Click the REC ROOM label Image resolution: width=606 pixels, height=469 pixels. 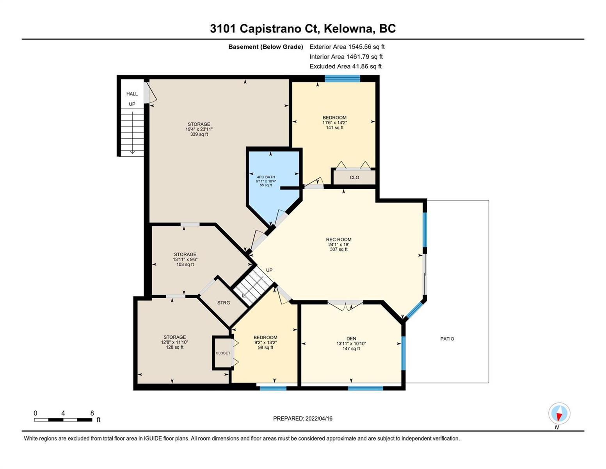point(339,240)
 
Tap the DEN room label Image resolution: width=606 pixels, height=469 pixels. point(351,338)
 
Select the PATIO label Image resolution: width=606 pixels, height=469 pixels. point(447,339)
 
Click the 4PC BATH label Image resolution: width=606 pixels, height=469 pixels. point(266,177)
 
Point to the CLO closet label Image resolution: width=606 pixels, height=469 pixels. point(354,177)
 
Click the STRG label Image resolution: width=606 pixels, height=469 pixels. point(223,303)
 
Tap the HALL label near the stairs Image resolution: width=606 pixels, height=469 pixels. point(132,94)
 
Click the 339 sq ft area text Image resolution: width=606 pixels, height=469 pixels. point(199,134)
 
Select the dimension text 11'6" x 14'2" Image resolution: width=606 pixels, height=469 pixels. point(334,123)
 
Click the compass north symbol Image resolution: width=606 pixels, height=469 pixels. point(559,414)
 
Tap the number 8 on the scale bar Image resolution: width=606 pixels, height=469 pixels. point(92,413)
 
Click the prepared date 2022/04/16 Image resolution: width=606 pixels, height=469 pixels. point(319,419)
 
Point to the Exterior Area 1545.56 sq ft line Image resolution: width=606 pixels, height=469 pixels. point(347,47)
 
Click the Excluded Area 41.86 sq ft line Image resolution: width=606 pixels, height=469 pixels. point(345,66)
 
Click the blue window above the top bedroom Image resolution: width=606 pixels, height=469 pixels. point(343,79)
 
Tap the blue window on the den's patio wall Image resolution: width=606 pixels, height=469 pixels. point(403,353)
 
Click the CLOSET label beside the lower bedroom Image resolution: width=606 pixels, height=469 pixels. point(223,353)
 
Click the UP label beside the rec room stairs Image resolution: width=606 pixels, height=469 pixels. point(269,270)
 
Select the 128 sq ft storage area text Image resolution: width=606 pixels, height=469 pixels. point(174,347)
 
